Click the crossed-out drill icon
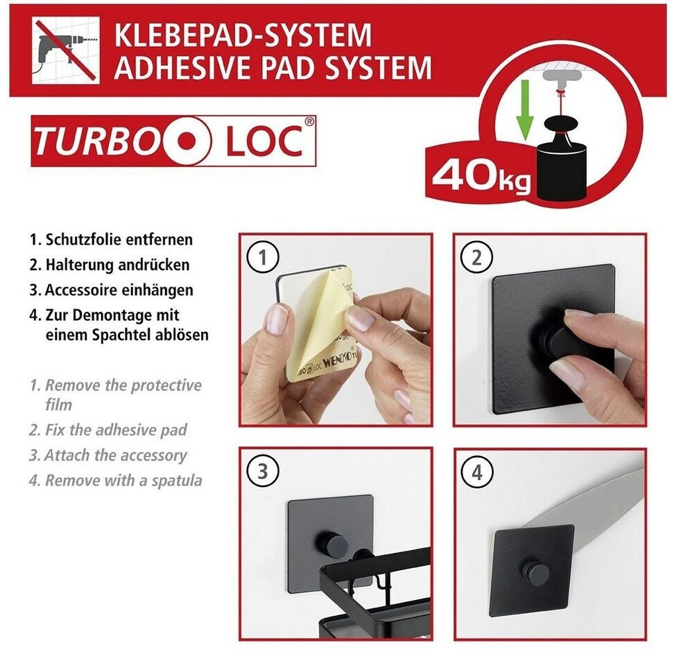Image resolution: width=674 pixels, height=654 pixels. pos(66,51)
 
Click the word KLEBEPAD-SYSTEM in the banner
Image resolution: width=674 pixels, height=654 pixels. pos(243,35)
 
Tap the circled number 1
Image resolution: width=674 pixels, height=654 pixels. pos(263,258)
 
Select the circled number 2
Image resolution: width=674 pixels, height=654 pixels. pos(476,258)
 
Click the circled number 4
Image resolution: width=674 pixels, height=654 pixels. pos(476,472)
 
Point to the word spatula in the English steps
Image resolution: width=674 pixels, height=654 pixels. pos(177,481)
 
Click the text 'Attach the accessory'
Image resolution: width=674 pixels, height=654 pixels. pos(116,455)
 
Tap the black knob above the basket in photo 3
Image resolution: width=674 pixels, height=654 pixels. pos(329,542)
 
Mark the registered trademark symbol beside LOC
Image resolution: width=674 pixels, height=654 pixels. pos(309,121)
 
